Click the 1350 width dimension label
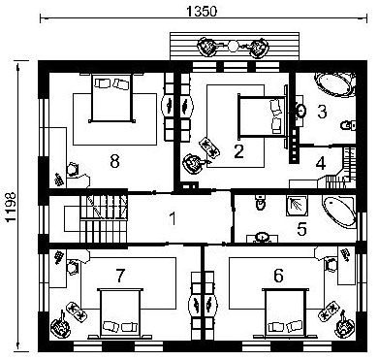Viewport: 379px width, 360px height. coord(202,12)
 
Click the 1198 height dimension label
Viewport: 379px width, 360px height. coord(11,207)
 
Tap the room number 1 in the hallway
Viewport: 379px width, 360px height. coord(173,218)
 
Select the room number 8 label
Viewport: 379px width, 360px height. coord(114,161)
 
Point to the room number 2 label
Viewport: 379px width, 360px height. coord(238,151)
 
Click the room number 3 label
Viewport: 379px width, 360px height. coord(322,112)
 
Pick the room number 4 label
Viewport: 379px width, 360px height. coord(321,163)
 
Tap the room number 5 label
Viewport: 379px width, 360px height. coord(301,229)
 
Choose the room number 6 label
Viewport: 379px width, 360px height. coord(278,276)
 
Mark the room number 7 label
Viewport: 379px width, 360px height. coord(120,276)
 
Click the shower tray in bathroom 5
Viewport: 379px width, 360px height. coord(296,206)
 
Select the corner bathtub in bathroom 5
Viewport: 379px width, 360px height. coord(340,212)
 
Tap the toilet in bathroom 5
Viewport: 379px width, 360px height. coord(261,203)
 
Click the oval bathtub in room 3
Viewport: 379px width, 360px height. coord(335,84)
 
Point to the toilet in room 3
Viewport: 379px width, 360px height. coord(349,124)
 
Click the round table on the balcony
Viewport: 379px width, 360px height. coord(233,46)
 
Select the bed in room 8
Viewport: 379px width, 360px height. coord(111,98)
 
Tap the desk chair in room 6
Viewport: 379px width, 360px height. coord(331,266)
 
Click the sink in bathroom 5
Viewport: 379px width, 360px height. coord(262,238)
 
